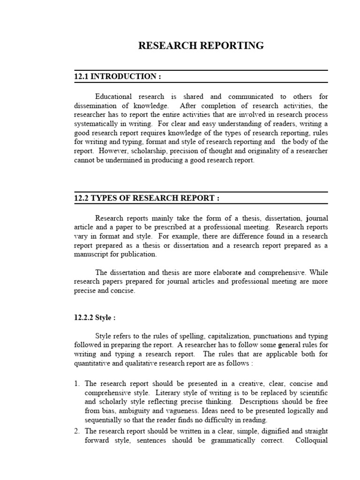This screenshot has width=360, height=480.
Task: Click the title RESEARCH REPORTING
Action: click(x=201, y=45)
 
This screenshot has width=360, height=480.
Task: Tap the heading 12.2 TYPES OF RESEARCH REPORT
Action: click(x=146, y=198)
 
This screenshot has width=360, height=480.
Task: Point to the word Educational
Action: click(x=114, y=97)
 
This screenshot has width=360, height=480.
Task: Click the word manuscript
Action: click(x=92, y=255)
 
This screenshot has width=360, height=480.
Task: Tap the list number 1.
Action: click(x=77, y=383)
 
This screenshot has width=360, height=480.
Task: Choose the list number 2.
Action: click(x=77, y=431)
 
